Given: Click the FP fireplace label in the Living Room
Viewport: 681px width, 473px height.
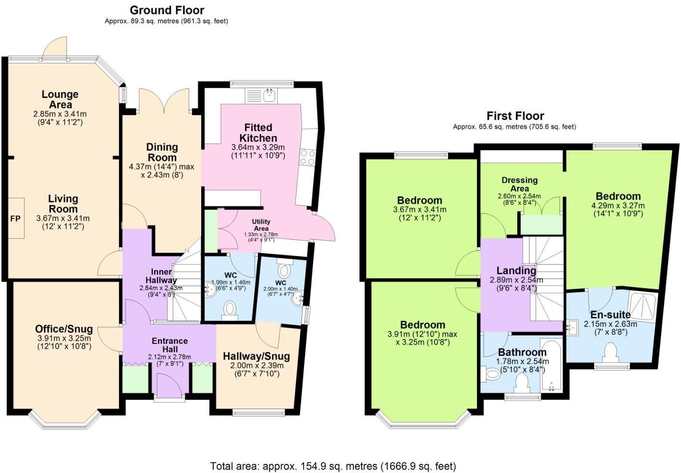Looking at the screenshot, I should (15, 218).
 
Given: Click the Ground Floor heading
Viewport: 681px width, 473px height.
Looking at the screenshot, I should (167, 10).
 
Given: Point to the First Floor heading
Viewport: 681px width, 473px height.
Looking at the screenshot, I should (515, 116).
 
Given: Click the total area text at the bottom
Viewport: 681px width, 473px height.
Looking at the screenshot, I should (333, 466).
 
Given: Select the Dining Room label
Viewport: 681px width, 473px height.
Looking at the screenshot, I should (162, 152).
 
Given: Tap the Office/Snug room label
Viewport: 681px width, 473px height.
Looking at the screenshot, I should (64, 329).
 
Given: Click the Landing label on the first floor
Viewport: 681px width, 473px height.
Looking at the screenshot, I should (516, 271).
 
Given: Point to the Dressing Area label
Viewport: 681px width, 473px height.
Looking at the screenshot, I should (519, 184).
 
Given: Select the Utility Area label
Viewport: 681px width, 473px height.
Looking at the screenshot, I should (261, 225).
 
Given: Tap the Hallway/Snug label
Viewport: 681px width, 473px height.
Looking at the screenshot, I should (256, 356).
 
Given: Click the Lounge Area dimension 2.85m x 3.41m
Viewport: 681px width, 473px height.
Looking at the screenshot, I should (60, 114).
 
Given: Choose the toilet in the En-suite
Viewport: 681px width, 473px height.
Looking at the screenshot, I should (611, 352).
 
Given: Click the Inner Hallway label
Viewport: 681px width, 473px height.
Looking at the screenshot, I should (161, 276).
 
